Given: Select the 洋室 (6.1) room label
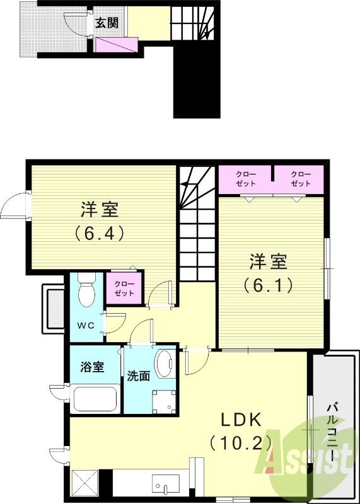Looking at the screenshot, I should click(x=269, y=272).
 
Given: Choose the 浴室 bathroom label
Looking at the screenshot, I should click(x=92, y=368).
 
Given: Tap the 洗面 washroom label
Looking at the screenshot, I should click(x=139, y=376).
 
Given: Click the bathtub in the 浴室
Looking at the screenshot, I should click(x=95, y=398).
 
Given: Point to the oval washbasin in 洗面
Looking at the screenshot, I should click(x=166, y=365).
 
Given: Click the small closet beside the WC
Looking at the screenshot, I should click(x=124, y=289).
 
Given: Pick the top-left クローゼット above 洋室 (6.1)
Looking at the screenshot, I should click(x=245, y=178).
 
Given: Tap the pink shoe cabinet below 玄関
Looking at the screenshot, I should click(x=116, y=45).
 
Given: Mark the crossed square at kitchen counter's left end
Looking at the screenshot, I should click(x=84, y=483).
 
